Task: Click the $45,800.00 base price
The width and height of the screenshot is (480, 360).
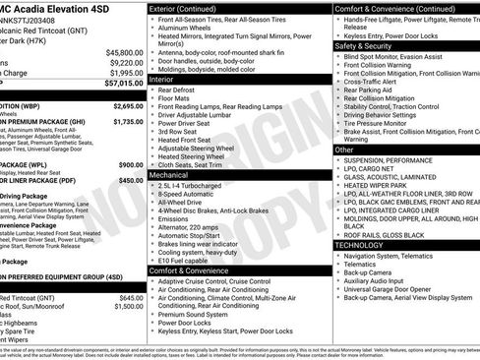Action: pos(122,52)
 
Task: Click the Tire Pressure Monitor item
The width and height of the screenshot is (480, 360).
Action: pos(386,122)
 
